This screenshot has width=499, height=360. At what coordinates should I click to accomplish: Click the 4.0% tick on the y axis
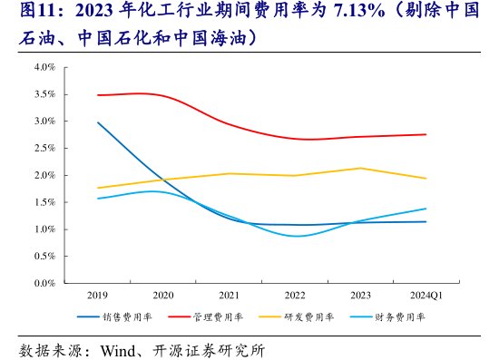click(x=44, y=67)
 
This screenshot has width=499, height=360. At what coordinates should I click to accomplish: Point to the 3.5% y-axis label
click(x=44, y=94)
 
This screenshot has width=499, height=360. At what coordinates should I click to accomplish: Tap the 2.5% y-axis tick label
click(x=44, y=148)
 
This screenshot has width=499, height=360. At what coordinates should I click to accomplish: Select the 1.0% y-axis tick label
click(x=44, y=229)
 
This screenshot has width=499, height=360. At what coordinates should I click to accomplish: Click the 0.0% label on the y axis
click(x=44, y=284)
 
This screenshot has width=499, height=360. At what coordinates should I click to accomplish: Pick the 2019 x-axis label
click(x=96, y=296)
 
